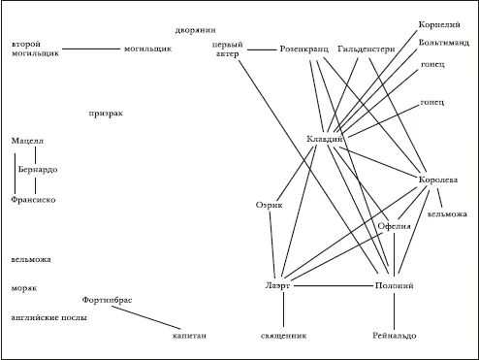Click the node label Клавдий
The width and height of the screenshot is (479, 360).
pos(324,139)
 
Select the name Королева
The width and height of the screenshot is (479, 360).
pos(438,180)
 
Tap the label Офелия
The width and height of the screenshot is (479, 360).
pos(394,226)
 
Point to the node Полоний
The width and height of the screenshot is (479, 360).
pos(394,285)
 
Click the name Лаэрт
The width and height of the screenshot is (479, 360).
pos(277,285)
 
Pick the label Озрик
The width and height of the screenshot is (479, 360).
pos(269,205)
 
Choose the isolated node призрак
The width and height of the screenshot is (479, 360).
pos(106,114)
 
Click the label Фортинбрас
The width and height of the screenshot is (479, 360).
pos(107,300)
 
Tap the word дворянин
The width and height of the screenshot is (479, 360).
pos(195,30)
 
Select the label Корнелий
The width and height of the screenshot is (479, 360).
pos(439,25)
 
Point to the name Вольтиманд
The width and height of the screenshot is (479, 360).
pos(444,43)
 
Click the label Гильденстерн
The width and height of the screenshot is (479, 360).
pos(367,49)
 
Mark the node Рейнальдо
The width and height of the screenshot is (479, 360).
pos(395,336)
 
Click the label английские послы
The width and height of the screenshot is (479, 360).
pos(49,317)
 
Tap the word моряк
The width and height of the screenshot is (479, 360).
pos(24,288)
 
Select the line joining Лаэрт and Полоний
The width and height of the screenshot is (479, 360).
pos(334,286)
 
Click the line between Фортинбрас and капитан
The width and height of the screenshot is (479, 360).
pos(146,317)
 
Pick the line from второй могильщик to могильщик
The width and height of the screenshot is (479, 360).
pos(91,49)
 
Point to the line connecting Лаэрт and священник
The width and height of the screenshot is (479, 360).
pos(284,310)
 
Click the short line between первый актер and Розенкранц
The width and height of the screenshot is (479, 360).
pos(262,49)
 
